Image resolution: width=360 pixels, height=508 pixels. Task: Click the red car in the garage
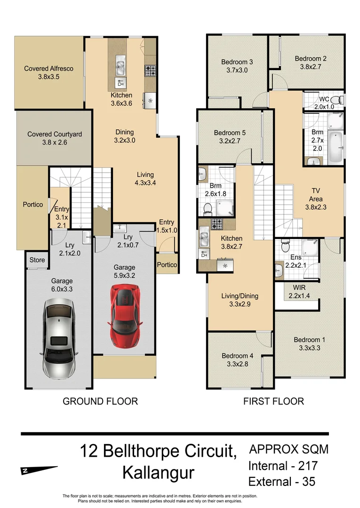[x=126, y=317]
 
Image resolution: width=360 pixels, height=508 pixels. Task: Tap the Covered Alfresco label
[x=48, y=72]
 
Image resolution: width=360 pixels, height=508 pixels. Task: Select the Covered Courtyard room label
[x=55, y=138]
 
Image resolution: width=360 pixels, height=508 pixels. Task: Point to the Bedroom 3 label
[x=237, y=66]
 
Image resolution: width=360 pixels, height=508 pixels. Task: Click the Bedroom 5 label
[x=230, y=137]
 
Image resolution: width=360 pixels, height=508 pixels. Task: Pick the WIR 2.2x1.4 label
[x=299, y=291]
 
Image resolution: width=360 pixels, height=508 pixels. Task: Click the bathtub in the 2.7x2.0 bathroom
[x=336, y=147]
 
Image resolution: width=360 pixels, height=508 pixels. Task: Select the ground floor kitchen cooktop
[x=150, y=71]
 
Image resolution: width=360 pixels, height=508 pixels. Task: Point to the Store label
[x=37, y=260]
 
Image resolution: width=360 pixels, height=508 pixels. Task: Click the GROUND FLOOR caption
[x=100, y=401]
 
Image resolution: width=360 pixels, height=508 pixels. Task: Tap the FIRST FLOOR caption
[x=273, y=401]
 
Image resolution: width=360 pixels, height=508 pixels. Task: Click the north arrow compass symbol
[x=39, y=470]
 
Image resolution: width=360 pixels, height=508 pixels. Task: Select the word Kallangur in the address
[x=158, y=473]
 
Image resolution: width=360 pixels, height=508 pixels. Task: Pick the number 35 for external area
[x=309, y=482]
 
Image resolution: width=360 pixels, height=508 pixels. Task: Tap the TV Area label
[x=316, y=199]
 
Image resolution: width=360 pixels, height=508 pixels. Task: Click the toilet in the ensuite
[x=286, y=246]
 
